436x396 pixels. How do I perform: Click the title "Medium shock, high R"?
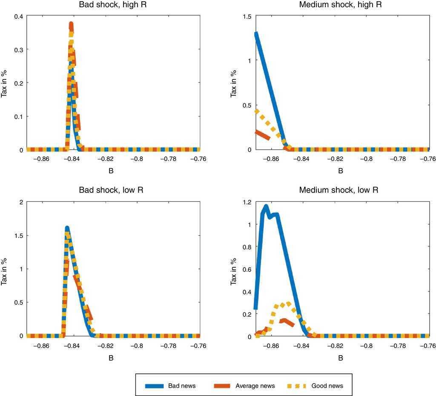click(340, 6)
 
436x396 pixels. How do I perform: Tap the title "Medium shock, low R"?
click(340, 190)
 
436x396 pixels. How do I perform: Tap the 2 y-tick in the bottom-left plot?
click(20, 202)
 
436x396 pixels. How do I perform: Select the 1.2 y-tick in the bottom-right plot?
click(246, 202)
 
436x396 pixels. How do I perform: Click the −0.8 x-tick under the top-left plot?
click(137, 159)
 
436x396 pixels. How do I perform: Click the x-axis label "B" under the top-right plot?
click(340, 171)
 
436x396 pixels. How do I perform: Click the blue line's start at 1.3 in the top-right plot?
click(256, 34)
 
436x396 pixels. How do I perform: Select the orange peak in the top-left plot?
click(71, 25)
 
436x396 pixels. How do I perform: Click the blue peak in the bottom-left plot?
click(67, 229)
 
